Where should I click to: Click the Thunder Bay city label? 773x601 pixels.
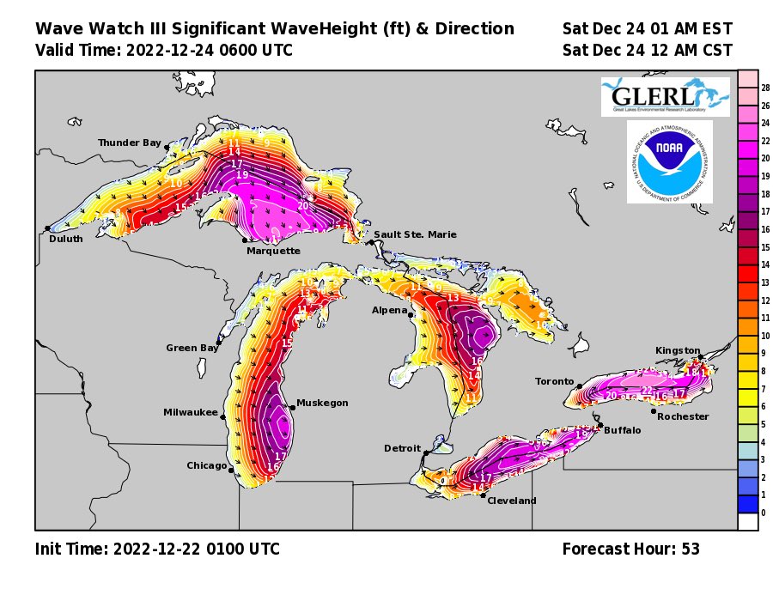point(129,143)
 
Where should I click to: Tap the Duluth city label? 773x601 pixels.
point(65,239)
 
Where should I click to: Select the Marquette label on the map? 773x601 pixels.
point(273,251)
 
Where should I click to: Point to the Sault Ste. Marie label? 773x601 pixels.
point(416,234)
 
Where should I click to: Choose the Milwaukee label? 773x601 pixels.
point(191,412)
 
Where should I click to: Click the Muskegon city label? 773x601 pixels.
point(322,403)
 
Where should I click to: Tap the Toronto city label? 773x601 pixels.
point(554,381)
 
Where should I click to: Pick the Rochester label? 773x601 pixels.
point(683,416)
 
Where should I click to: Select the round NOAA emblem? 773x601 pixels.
point(669,162)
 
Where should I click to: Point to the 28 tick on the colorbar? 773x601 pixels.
point(765,88)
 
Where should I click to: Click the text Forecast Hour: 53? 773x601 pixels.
point(630,549)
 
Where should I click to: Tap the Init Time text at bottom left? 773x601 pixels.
point(157,549)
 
